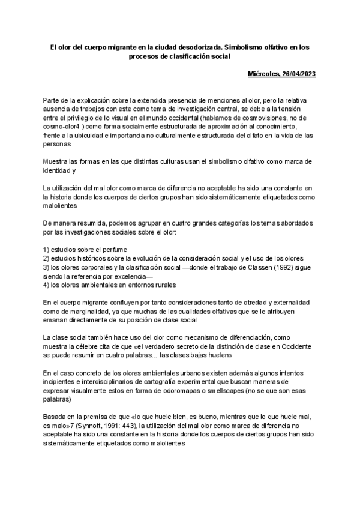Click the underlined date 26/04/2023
pyautogui.click(x=296, y=74)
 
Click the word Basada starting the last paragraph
pyautogui.click(x=56, y=416)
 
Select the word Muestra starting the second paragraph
pyautogui.click(x=56, y=161)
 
